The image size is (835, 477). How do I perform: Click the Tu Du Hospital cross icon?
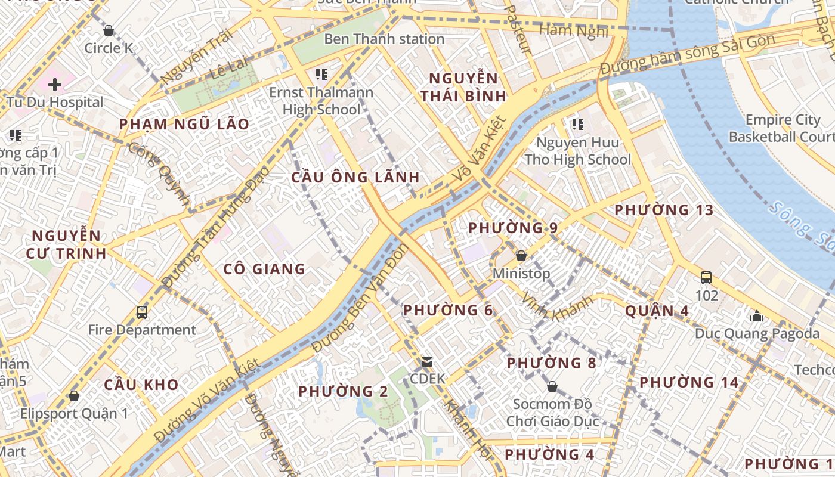tap(55, 84)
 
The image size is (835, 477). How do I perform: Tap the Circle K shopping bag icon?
tap(109, 30)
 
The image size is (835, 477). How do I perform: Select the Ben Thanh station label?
tap(384, 39)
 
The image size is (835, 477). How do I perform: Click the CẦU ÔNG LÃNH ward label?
tap(355, 177)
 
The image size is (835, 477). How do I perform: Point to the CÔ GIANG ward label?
tap(264, 269)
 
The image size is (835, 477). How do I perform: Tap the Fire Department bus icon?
tap(142, 312)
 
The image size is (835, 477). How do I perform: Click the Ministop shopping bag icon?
tap(521, 256)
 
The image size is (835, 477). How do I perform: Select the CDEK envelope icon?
tap(427, 361)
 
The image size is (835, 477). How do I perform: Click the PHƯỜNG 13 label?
tap(664, 210)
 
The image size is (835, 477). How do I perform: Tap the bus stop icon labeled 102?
tap(706, 277)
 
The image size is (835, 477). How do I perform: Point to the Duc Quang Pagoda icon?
tap(757, 316)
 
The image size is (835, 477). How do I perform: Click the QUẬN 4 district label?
tap(657, 311)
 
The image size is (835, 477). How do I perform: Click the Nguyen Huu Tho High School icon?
tap(577, 125)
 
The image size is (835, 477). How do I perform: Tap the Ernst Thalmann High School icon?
tap(321, 75)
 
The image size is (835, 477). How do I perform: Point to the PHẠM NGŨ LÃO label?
tap(184, 124)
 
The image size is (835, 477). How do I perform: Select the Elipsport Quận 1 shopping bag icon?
tap(74, 396)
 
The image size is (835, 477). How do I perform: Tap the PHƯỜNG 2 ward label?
tap(343, 391)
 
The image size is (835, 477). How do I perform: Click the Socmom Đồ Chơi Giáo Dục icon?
tap(552, 386)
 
